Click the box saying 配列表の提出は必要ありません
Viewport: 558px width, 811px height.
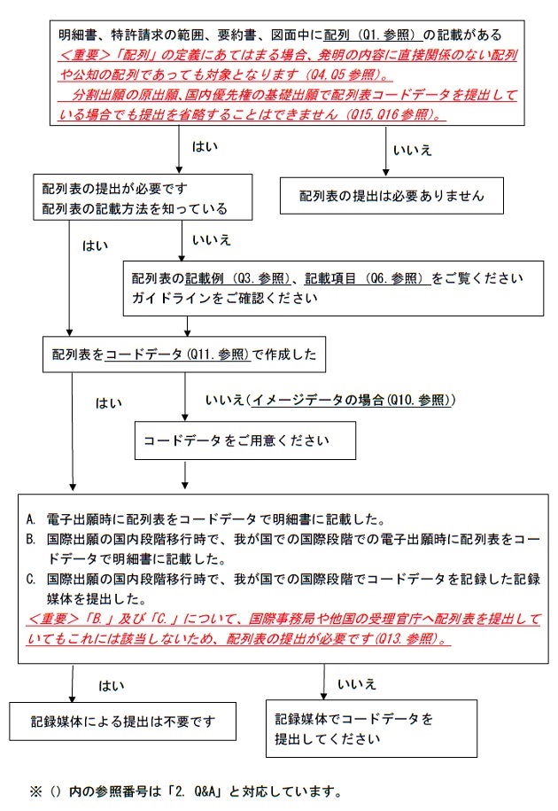[391, 195]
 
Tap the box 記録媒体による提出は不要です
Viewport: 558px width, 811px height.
[123, 719]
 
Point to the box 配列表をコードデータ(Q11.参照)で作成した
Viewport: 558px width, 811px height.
[183, 356]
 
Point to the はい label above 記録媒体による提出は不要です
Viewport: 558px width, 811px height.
[112, 685]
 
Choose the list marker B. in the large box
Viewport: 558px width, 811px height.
[31, 539]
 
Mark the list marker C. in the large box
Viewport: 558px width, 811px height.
[31, 579]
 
